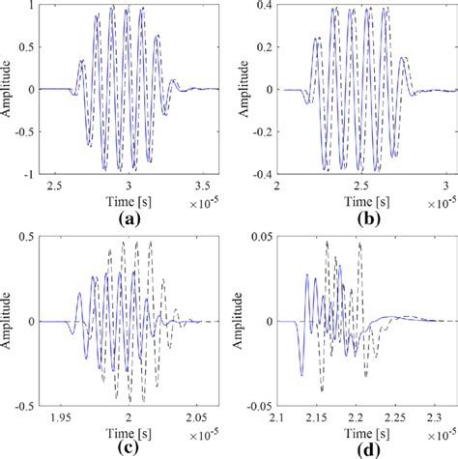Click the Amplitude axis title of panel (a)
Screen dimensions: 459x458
[x=9, y=90]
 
